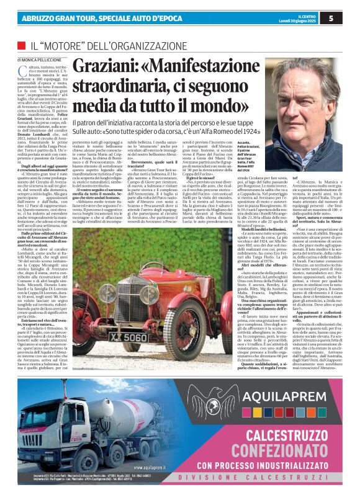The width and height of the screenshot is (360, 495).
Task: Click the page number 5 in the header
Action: (x=348, y=18)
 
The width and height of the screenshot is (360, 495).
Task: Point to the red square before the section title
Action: (x=20, y=45)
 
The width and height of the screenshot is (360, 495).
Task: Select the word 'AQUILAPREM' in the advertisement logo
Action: (x=295, y=411)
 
